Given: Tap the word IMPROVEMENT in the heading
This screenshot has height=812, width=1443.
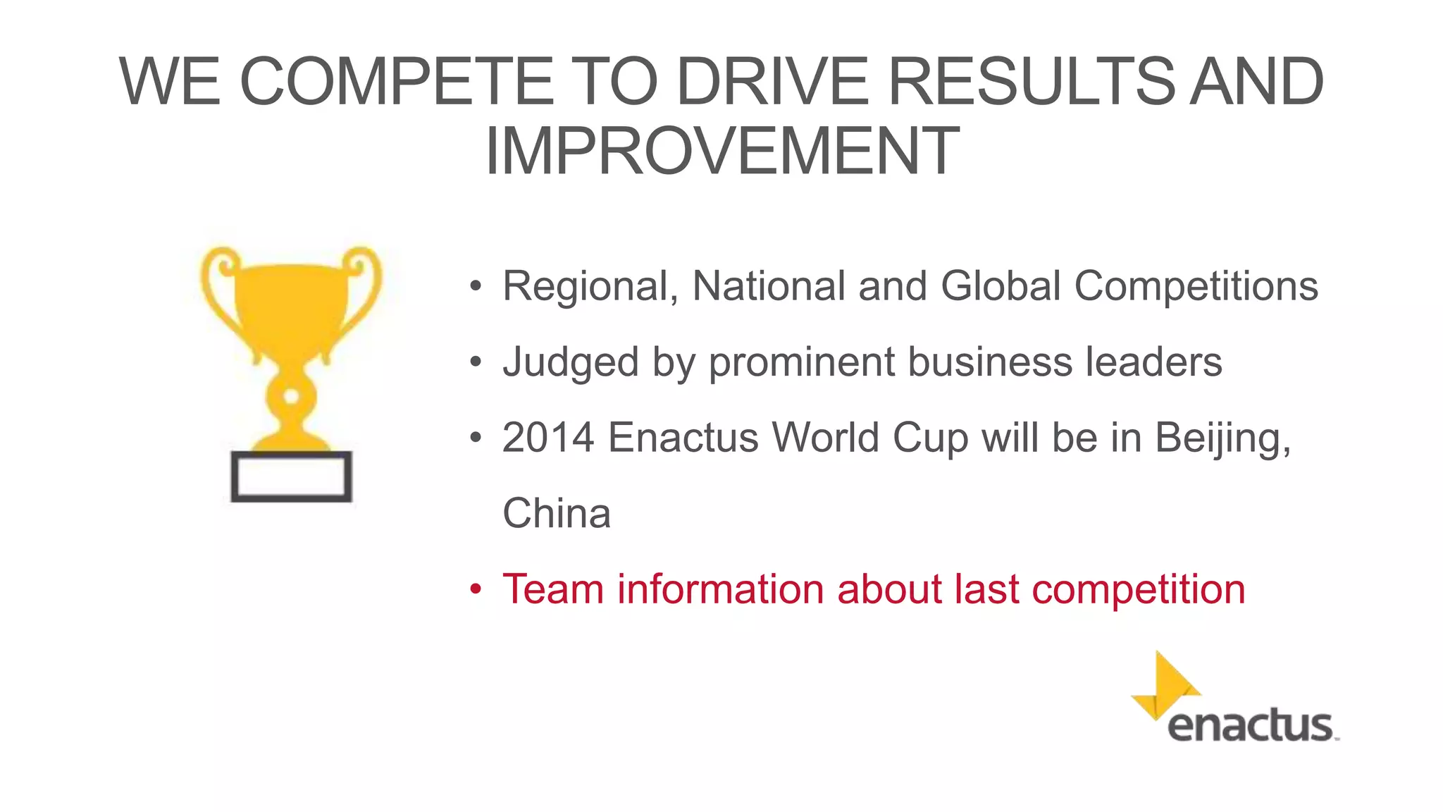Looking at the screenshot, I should click(722, 152).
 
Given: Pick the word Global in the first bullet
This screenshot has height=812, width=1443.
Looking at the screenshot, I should click(1001, 286).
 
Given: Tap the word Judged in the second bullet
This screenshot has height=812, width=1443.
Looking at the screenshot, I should click(570, 363).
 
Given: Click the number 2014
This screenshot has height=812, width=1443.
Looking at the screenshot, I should click(548, 438).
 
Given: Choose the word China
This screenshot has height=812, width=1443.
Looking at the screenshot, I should click(557, 513).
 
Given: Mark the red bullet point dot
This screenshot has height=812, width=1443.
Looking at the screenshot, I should click(476, 589).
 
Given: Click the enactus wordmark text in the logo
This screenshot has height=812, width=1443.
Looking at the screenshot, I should click(1251, 726).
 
